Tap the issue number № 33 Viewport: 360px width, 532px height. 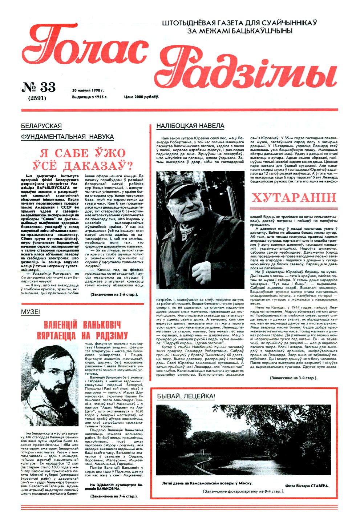click(x=39, y=87)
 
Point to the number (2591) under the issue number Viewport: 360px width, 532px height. click(x=37, y=98)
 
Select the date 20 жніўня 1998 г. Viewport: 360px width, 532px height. click(x=88, y=90)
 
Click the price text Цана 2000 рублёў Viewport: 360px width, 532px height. click(x=141, y=97)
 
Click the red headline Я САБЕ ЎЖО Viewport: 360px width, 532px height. click(x=82, y=153)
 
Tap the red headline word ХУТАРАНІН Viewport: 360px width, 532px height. click(x=294, y=198)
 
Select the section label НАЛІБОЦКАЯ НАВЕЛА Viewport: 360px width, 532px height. click(x=190, y=126)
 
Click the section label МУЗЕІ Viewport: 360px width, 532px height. click(x=31, y=312)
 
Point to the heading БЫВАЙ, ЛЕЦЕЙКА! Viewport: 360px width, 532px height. click(x=186, y=396)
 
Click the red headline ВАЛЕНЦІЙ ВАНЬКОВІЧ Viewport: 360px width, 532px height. click(x=82, y=325)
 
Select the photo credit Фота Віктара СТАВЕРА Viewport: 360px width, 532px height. click(x=307, y=485)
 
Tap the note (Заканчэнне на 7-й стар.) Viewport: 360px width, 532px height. click(x=114, y=496)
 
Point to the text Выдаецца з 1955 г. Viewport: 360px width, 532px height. click(x=90, y=97)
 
